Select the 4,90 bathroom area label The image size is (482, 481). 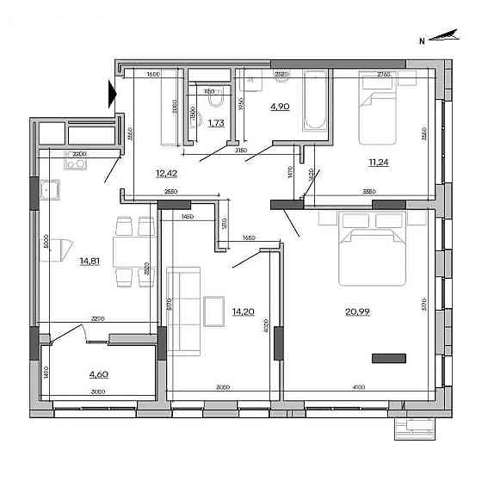(x=281, y=108)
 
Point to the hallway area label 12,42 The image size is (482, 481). (x=166, y=173)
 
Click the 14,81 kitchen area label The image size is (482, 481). (x=90, y=262)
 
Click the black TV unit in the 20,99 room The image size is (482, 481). (x=388, y=356)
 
